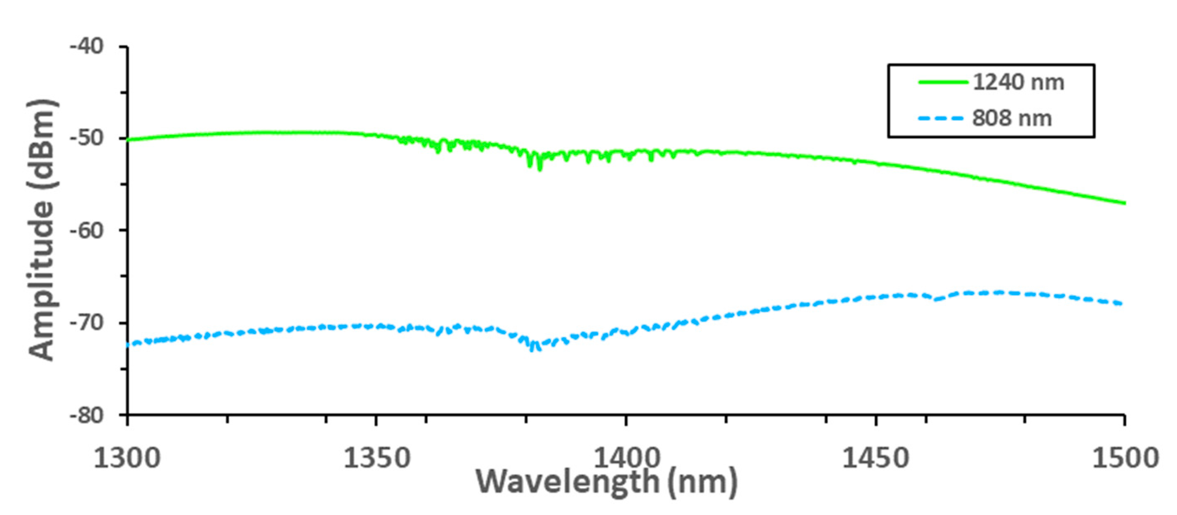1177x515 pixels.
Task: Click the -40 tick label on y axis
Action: click(x=87, y=46)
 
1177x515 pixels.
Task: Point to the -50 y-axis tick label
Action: click(x=87, y=138)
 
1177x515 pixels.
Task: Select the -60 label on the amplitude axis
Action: click(x=87, y=229)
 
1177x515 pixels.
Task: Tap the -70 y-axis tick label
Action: click(x=87, y=322)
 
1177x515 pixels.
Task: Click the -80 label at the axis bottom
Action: click(x=87, y=415)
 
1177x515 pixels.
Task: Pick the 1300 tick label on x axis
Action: click(x=127, y=458)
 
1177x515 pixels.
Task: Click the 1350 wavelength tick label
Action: click(x=377, y=458)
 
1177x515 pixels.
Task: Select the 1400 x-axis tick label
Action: click(x=626, y=458)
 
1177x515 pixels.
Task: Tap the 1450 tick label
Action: click(x=876, y=458)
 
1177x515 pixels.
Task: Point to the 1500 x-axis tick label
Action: click(x=1125, y=458)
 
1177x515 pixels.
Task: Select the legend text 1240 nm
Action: click(x=1018, y=83)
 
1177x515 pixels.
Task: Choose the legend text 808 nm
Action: click(x=1012, y=118)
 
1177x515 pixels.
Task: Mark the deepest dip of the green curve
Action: click(x=539, y=170)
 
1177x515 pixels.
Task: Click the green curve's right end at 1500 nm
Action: click(x=1124, y=203)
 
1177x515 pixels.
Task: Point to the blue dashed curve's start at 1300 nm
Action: click(x=128, y=345)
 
